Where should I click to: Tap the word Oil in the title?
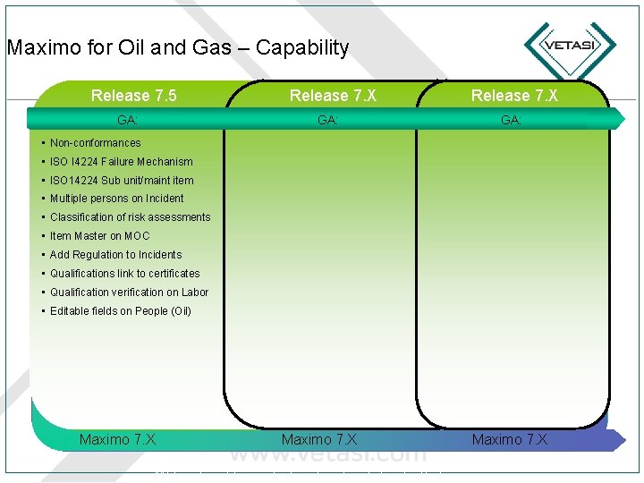click(132, 48)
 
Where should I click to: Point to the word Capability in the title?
click(302, 48)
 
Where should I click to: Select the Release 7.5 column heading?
click(134, 96)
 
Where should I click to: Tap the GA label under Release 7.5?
click(127, 120)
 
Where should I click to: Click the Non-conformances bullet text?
click(95, 143)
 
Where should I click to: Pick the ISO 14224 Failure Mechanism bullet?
click(121, 162)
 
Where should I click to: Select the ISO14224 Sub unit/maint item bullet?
click(122, 181)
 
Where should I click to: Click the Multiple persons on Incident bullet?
click(116, 199)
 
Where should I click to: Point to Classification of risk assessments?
click(130, 217)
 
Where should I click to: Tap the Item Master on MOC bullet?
click(99, 236)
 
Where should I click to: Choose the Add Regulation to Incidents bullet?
click(115, 255)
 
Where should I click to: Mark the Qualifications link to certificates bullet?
click(124, 274)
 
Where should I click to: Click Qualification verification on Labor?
click(129, 292)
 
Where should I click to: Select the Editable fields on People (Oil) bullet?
click(120, 311)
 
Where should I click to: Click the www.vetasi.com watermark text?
click(328, 453)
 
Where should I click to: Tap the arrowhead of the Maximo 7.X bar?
click(618, 438)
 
